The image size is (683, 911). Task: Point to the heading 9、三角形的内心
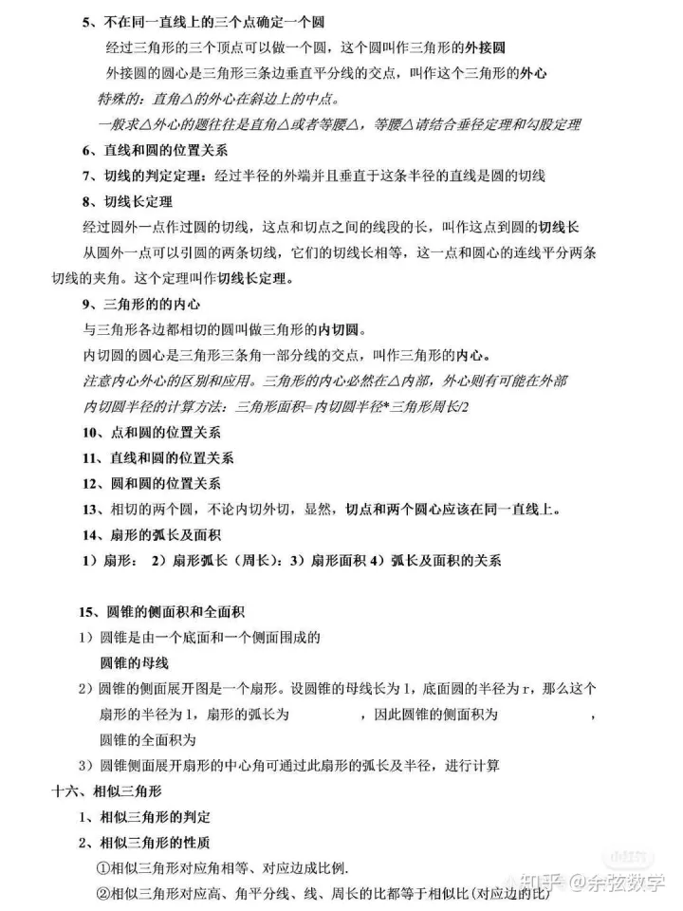coord(138,305)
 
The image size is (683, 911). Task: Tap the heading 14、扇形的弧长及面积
coord(151,534)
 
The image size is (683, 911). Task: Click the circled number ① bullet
coord(103,868)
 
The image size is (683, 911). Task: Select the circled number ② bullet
coord(103,894)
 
